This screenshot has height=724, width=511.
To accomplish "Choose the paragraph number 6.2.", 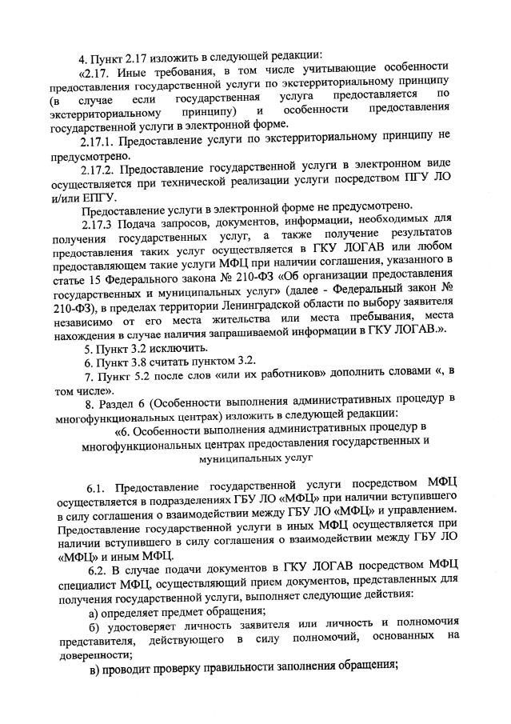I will pyautogui.click(x=98, y=570).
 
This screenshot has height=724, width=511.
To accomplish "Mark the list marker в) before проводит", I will pyautogui.click(x=94, y=668).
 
